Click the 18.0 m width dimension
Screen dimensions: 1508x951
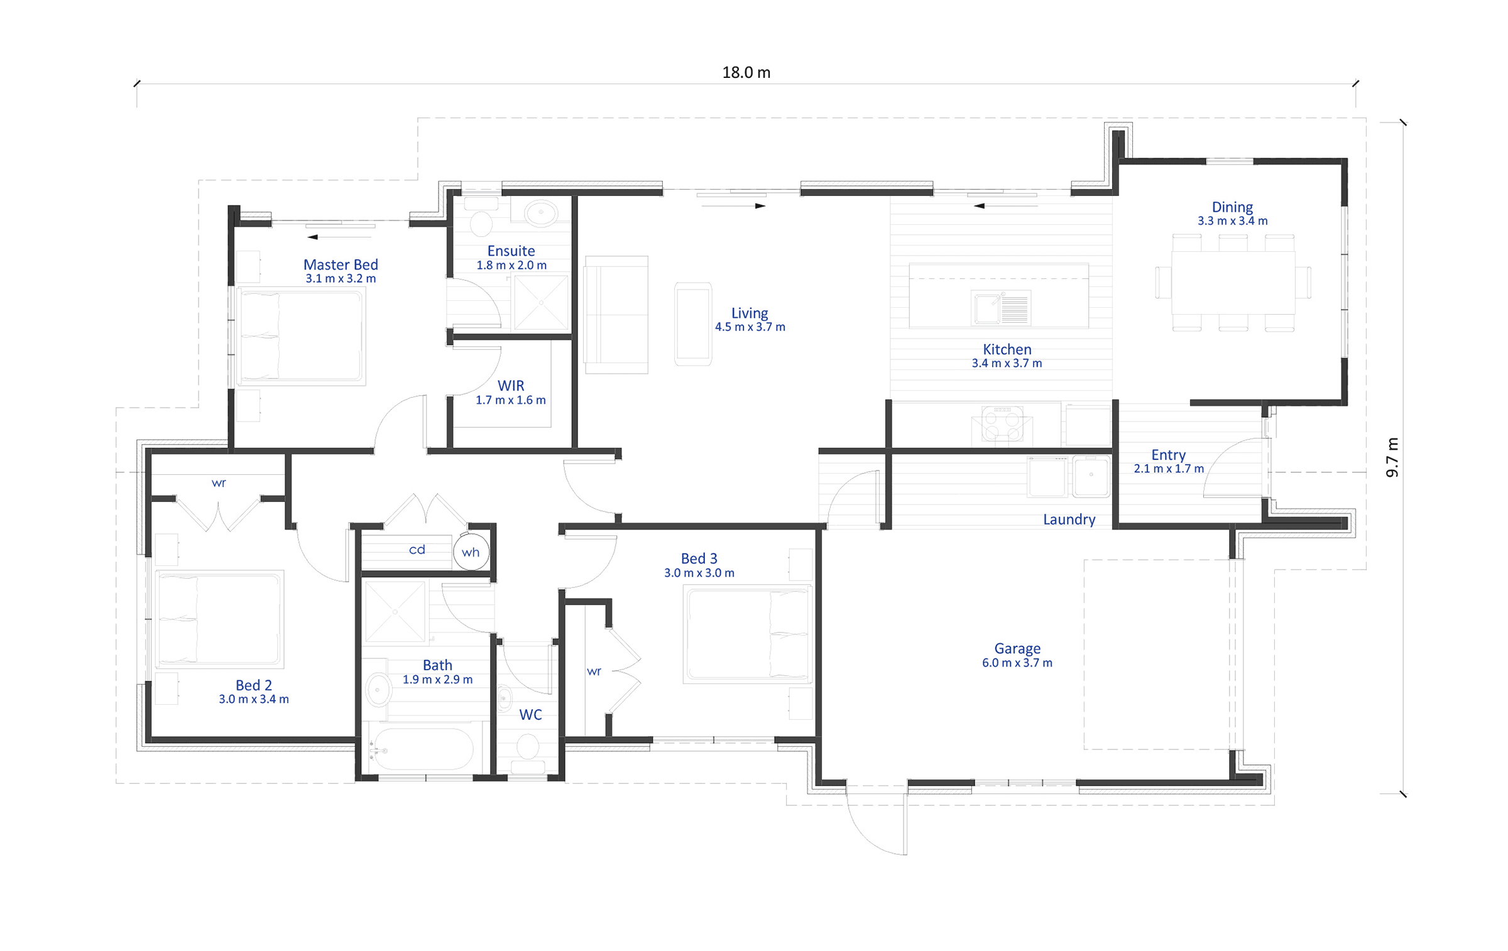(x=746, y=73)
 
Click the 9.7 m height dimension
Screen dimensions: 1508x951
(x=1392, y=457)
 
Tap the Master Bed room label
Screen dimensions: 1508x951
(x=341, y=264)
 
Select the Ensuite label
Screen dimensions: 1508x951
(x=511, y=251)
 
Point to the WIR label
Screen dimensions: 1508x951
(x=510, y=385)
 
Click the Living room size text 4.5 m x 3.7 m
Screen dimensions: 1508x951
(x=750, y=327)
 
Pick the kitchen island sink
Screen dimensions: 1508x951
(x=1001, y=307)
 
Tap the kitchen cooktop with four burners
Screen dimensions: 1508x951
(x=1002, y=423)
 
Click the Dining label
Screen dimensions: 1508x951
(x=1232, y=207)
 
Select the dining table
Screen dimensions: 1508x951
(x=1233, y=282)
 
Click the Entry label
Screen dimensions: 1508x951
(x=1168, y=454)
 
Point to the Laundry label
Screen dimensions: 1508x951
(x=1069, y=519)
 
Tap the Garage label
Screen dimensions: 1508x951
(x=1017, y=648)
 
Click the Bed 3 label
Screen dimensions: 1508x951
(x=699, y=558)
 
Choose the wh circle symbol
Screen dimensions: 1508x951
(x=471, y=552)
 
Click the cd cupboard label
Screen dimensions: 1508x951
(x=417, y=550)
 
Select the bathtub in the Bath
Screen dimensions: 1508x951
(x=421, y=748)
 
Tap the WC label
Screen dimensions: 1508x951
(x=530, y=714)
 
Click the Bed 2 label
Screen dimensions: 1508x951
(x=253, y=685)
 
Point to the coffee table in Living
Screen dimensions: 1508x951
(x=693, y=324)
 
